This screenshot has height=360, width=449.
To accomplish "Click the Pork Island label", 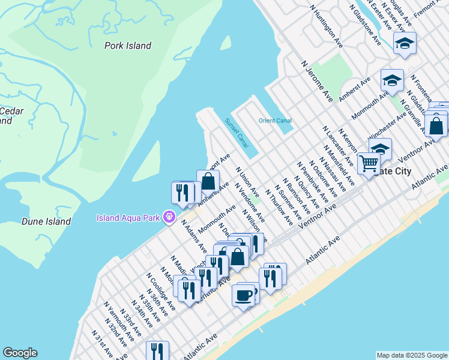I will (x=127, y=46).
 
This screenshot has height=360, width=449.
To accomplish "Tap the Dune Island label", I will (x=46, y=221).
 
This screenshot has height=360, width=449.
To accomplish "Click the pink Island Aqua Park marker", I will (x=170, y=217).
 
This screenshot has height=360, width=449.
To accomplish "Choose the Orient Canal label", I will (x=275, y=121).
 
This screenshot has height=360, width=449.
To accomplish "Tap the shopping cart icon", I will (x=369, y=162).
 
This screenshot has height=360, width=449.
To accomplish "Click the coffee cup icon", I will (x=244, y=295).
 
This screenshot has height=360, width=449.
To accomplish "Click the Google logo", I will (x=20, y=353).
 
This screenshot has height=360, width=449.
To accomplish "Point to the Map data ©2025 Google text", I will (x=411, y=355).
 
